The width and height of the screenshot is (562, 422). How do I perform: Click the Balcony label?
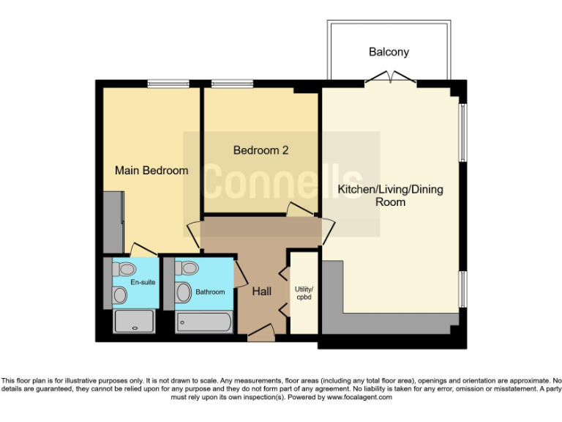(x=389, y=52)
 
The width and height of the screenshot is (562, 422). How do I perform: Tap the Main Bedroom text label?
(x=151, y=171)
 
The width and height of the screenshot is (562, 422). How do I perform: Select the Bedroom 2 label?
(x=261, y=150)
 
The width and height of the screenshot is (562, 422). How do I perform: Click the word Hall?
(x=261, y=292)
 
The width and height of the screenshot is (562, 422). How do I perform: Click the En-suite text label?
(x=143, y=282)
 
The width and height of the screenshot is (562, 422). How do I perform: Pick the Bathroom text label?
(x=210, y=292)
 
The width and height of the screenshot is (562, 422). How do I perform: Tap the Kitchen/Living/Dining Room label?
(x=390, y=196)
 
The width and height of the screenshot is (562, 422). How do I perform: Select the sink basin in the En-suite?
(x=119, y=295)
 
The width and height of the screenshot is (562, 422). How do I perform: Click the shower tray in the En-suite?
(x=134, y=322)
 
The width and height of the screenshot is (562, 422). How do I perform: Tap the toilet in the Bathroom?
(x=186, y=269)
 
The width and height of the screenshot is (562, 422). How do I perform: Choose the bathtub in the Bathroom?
(x=204, y=322)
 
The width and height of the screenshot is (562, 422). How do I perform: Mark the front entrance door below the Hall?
(x=261, y=336)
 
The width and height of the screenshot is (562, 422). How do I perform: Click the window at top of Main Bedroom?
(x=164, y=84)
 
